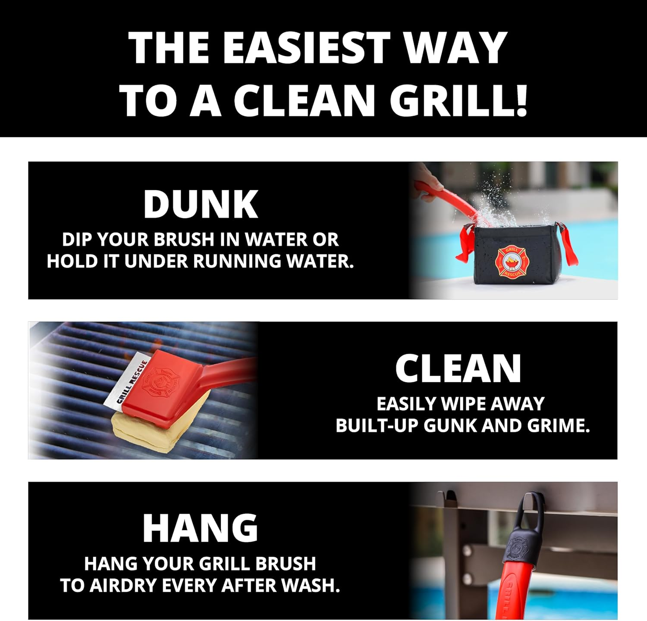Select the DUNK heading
tap(201, 204)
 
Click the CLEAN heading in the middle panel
tap(458, 368)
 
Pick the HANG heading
tap(201, 528)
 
